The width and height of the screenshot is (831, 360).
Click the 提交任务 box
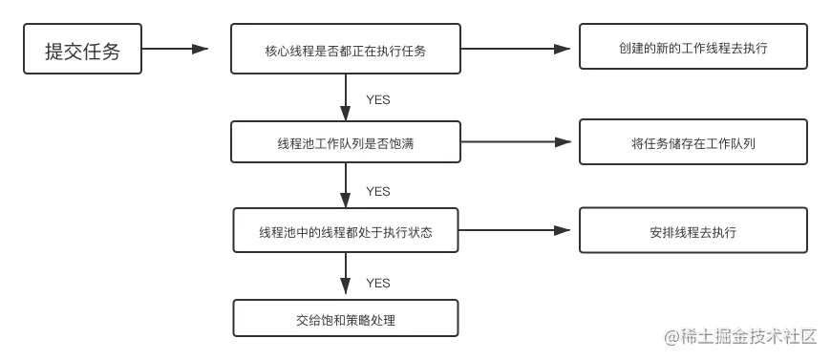pyautogui.click(x=83, y=51)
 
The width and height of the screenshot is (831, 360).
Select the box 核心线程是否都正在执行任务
pyautogui.click(x=345, y=51)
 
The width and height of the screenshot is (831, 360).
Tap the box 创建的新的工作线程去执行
pyautogui.click(x=692, y=48)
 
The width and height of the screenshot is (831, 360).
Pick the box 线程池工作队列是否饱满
pyautogui.click(x=345, y=143)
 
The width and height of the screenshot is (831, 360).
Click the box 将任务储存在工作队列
pyautogui.click(x=692, y=143)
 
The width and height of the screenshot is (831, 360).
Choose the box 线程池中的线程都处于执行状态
pyautogui.click(x=345, y=232)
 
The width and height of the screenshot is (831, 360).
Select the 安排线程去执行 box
pyautogui.click(x=692, y=232)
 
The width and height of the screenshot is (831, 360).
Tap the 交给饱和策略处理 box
pyautogui.click(x=345, y=320)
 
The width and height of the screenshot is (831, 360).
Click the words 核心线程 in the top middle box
pyautogui.click(x=288, y=51)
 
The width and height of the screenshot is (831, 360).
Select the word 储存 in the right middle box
pyautogui.click(x=683, y=143)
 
